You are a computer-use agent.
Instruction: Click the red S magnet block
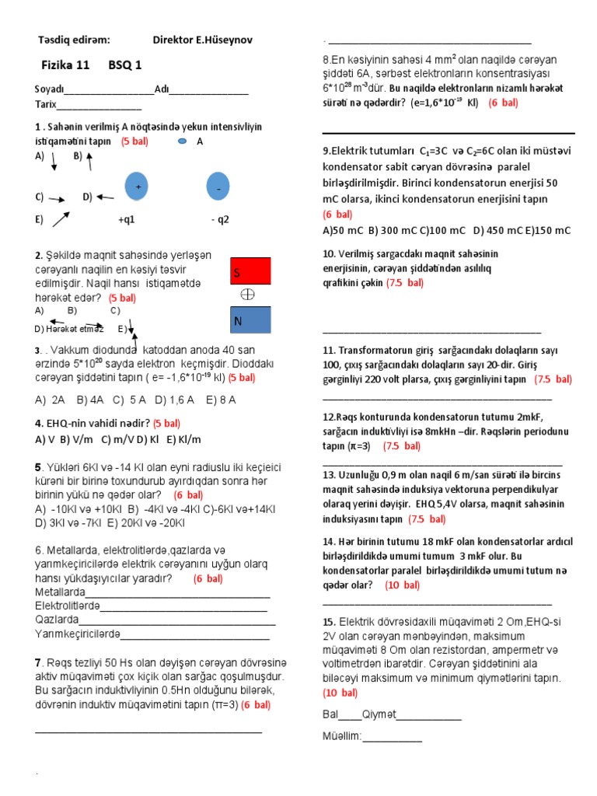pos(250,271)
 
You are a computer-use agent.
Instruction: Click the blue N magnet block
pos(250,319)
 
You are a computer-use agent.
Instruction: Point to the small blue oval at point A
pos(182,141)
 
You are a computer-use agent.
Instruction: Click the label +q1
pos(127,219)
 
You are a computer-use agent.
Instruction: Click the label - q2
pos(220,219)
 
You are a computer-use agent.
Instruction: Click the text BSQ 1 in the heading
pos(125,65)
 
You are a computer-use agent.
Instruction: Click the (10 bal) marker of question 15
pos(340,693)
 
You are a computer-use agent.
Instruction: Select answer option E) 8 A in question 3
pos(221,400)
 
